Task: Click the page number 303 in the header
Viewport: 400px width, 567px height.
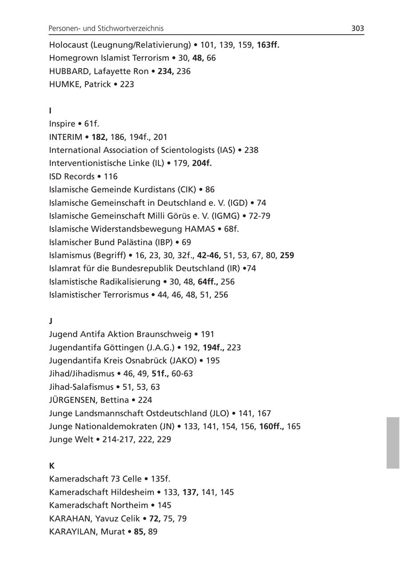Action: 357,28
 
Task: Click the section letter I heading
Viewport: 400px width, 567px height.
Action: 50,111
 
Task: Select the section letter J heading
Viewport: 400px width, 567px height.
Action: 51,321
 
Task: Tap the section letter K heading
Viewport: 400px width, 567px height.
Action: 52,466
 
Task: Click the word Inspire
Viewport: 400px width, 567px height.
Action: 62,124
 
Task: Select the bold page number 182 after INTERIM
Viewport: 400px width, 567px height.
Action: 100,137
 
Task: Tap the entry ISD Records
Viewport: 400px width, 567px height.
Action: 72,176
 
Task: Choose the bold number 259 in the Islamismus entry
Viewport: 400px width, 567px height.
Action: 287,256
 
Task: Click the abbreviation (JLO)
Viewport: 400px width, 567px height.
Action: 217,413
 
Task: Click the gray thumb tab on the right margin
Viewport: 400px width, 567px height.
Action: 393,443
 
